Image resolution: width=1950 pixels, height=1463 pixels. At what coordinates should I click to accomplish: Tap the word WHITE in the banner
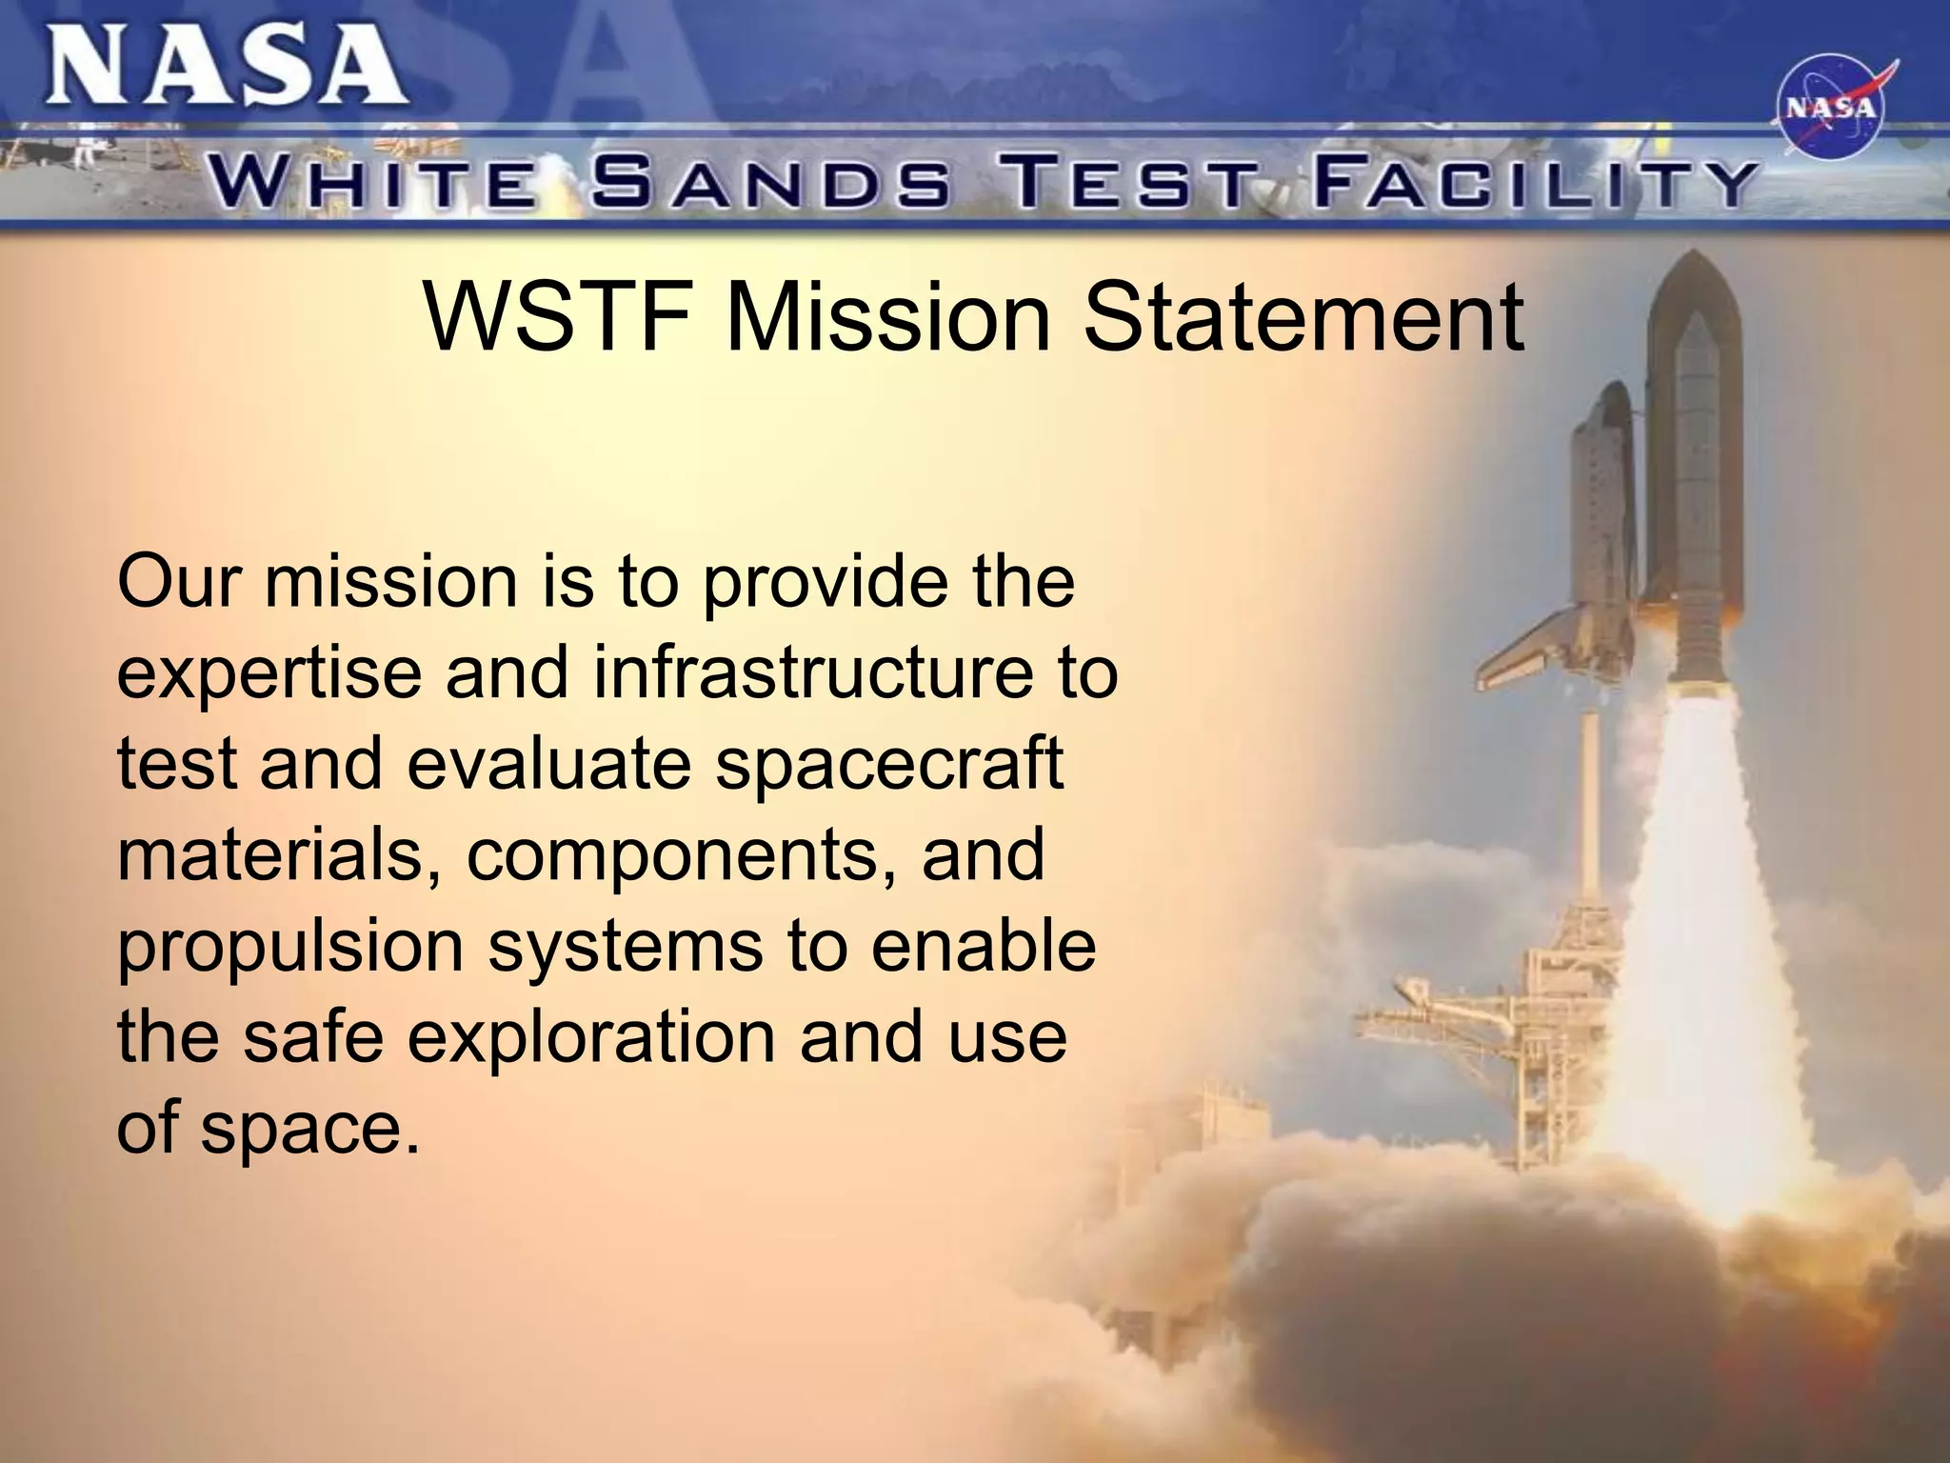372,185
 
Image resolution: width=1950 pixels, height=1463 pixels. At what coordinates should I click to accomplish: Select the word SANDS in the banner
770,183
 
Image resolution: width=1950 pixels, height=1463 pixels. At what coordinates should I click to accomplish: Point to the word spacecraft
889,765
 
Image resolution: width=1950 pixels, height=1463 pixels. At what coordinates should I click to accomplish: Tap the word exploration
591,1036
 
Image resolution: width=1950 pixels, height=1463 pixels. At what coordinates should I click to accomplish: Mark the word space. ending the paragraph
309,1129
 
